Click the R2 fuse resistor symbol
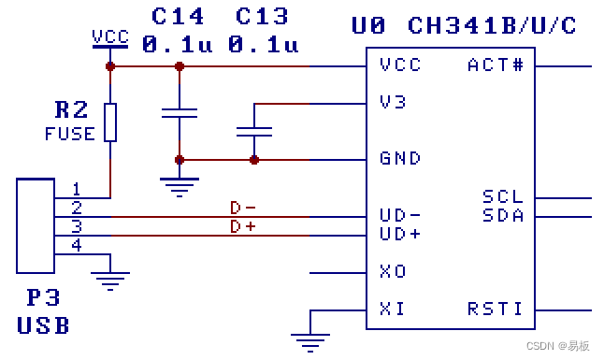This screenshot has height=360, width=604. pos(110,122)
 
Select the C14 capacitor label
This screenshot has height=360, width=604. pos(178,17)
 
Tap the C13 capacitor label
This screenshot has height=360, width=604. pos(262,17)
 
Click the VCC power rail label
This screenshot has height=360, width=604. pos(110,37)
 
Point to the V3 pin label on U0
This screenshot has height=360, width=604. pos(393,102)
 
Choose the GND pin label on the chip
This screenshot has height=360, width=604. pos(400,158)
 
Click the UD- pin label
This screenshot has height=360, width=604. pos(400,215)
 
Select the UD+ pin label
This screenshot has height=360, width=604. pos(400,234)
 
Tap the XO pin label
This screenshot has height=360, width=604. pos(393,271)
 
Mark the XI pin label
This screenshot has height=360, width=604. pos(392,309)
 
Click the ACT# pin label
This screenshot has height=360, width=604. pos(496,65)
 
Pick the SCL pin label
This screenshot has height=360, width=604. pos(503,196)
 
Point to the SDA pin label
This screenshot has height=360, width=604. pos(503,215)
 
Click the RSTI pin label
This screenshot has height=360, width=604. pos(495,309)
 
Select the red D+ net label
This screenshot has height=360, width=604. pos(243,226)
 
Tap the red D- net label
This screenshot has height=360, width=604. pos(243,209)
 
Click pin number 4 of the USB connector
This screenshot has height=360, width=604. pos(77,245)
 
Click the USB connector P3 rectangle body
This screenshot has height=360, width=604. pos(36,226)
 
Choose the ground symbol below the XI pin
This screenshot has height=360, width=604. pos(310,342)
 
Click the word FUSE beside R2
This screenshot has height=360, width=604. pos(70,134)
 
